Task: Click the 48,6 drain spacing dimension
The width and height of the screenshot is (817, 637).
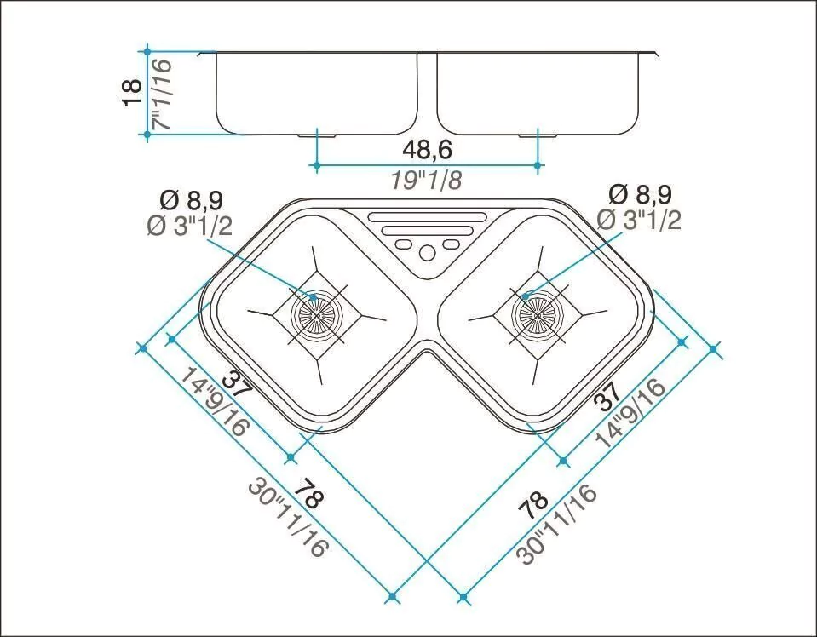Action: (x=427, y=150)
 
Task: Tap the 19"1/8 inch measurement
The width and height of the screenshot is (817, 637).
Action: (x=427, y=181)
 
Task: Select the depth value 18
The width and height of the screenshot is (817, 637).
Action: (x=132, y=93)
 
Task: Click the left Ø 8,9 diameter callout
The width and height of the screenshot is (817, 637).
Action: (x=192, y=199)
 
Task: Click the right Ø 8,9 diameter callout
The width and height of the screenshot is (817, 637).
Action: (x=641, y=194)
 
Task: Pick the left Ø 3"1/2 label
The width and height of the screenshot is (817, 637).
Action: (x=190, y=226)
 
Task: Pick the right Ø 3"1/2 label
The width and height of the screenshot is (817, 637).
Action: (x=639, y=221)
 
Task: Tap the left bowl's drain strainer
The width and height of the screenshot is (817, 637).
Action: (x=316, y=315)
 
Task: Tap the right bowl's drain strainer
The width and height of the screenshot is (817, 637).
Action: (x=538, y=314)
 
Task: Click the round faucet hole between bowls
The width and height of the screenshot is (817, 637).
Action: (x=427, y=253)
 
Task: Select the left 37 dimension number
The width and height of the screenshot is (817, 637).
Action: (x=237, y=387)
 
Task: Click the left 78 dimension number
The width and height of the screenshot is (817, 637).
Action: (x=308, y=493)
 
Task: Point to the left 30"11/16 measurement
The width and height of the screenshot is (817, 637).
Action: (x=289, y=518)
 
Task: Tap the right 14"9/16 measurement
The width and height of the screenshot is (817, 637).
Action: (x=631, y=412)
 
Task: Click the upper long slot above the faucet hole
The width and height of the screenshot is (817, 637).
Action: (x=428, y=216)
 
